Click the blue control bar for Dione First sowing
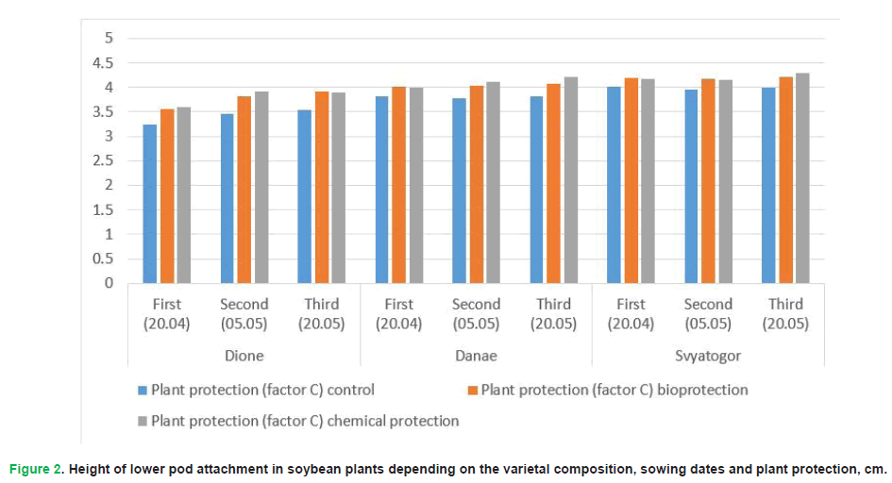coord(151,204)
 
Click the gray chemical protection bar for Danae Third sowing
coord(570,180)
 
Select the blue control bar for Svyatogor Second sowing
coord(692,187)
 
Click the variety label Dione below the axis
coord(244,356)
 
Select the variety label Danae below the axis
coord(476,356)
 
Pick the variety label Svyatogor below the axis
coord(708,356)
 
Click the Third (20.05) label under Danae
coord(553,313)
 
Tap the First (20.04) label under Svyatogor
coord(631,313)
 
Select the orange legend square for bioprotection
coord(473,390)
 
